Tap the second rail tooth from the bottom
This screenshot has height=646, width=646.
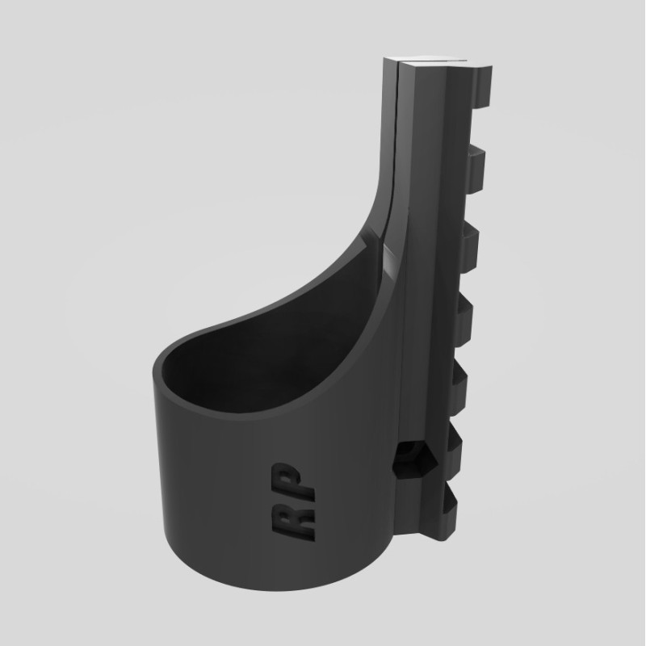[455, 443]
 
